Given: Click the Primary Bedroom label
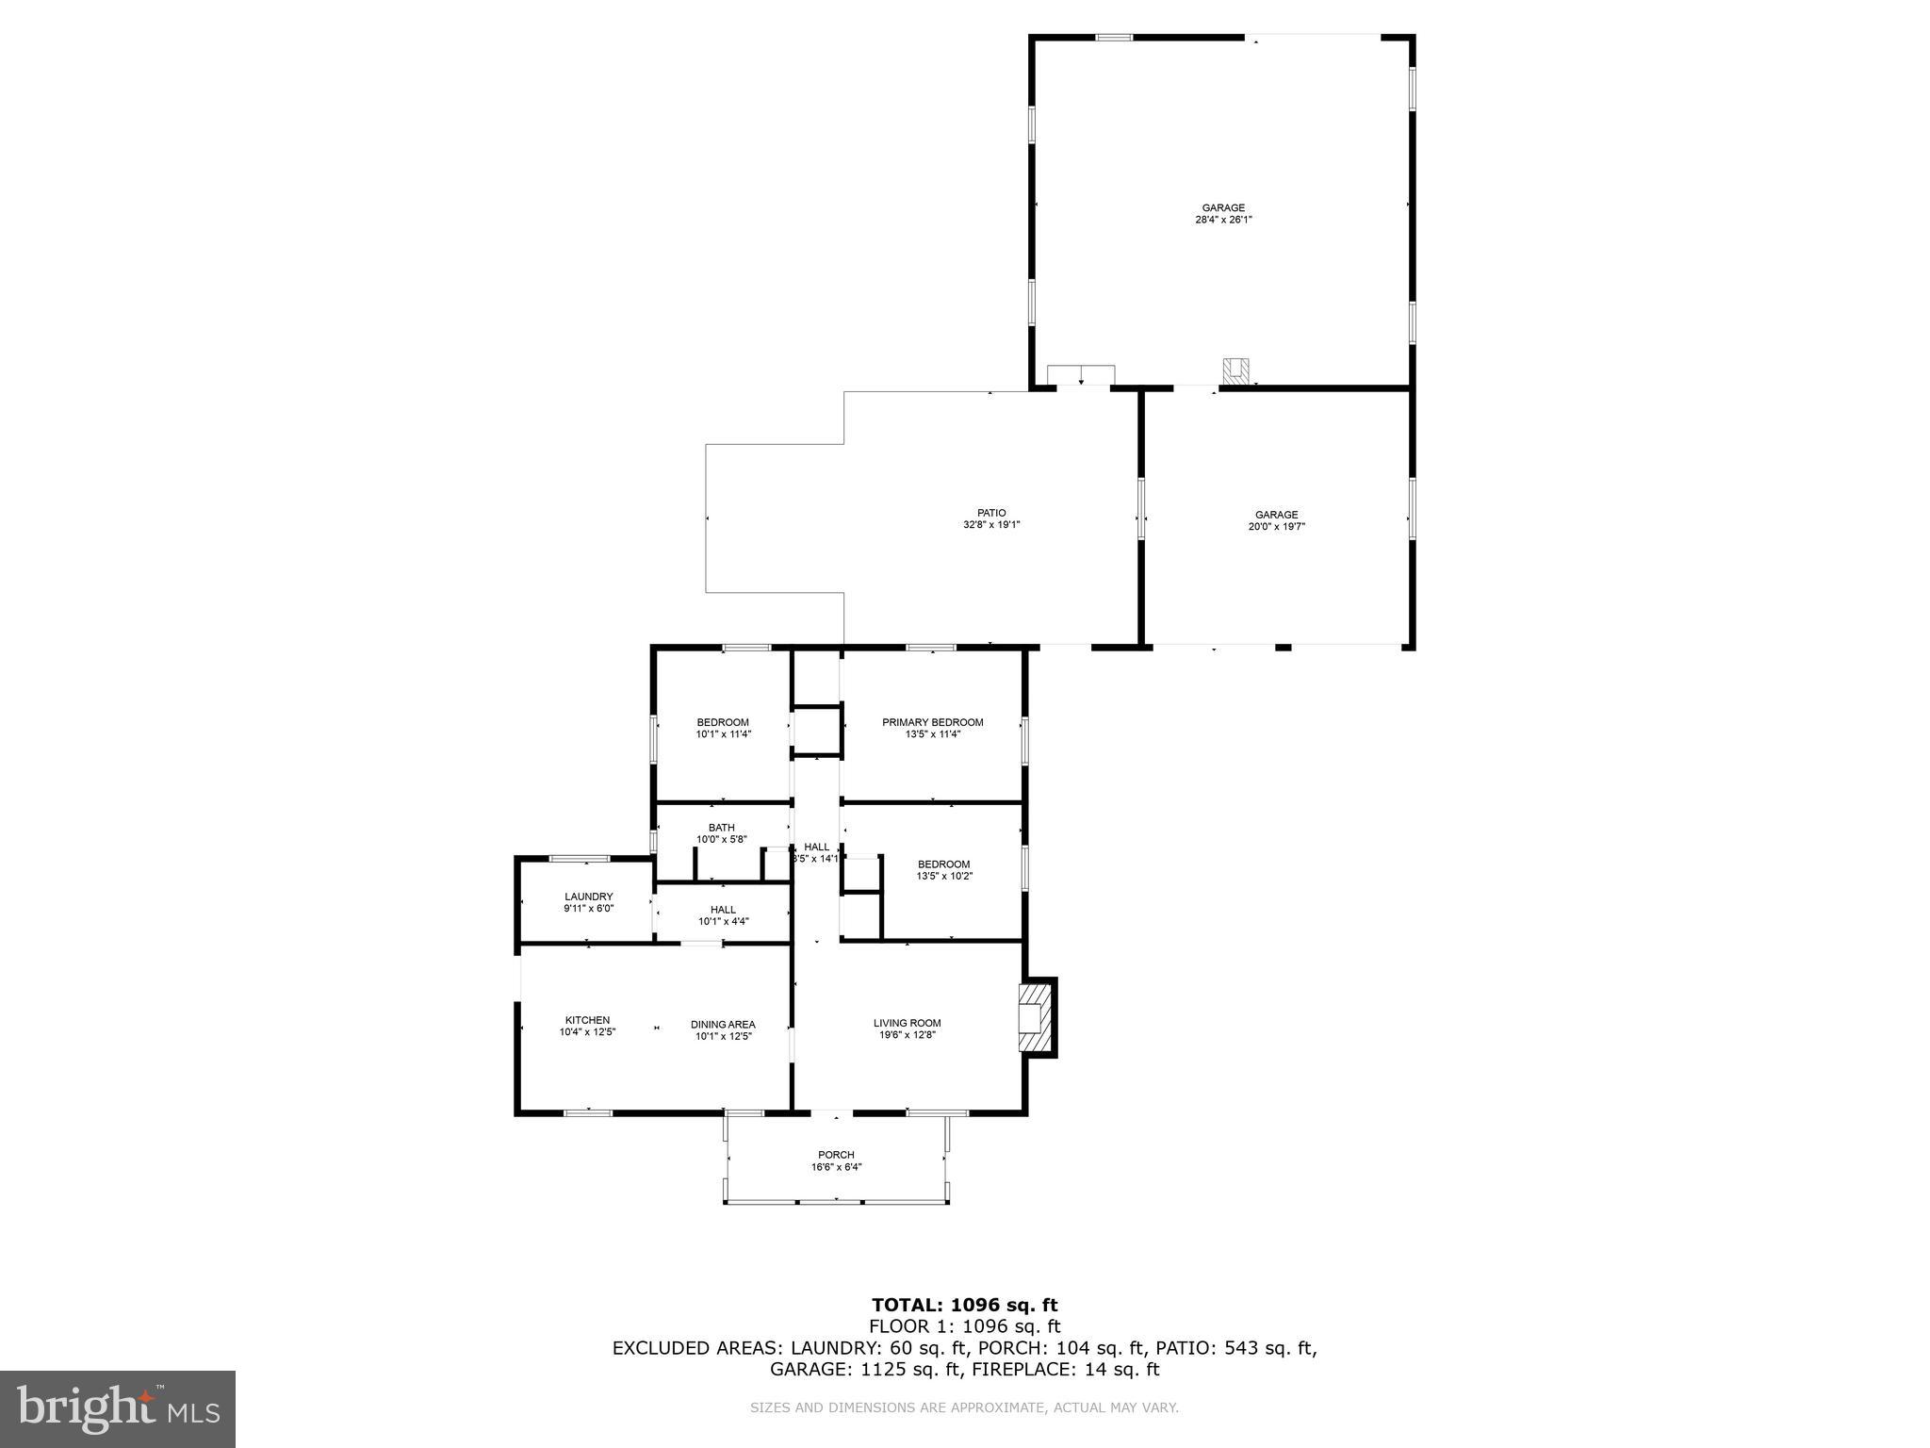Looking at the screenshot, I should (x=932, y=722).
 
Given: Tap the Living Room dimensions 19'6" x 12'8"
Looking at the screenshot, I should (x=907, y=1035).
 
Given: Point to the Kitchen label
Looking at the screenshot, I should (x=587, y=1020).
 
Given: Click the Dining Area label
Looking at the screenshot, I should (x=723, y=1025).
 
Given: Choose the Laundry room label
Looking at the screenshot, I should (x=589, y=897).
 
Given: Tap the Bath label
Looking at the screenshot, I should (x=722, y=828).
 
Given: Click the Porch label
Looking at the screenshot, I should (x=836, y=1155).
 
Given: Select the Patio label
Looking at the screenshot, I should (x=991, y=513).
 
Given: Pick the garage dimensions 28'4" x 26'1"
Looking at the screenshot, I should (x=1223, y=220).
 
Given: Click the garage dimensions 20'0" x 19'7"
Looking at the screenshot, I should (x=1276, y=527).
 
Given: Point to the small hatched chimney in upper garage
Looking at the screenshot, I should (x=1235, y=371).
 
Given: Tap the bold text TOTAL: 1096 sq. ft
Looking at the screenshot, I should (x=964, y=1305).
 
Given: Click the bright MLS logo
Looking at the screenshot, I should (x=118, y=1408).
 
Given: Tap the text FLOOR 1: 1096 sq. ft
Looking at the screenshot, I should (x=964, y=1326).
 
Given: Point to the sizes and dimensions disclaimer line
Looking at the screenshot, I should (x=964, y=1407).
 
